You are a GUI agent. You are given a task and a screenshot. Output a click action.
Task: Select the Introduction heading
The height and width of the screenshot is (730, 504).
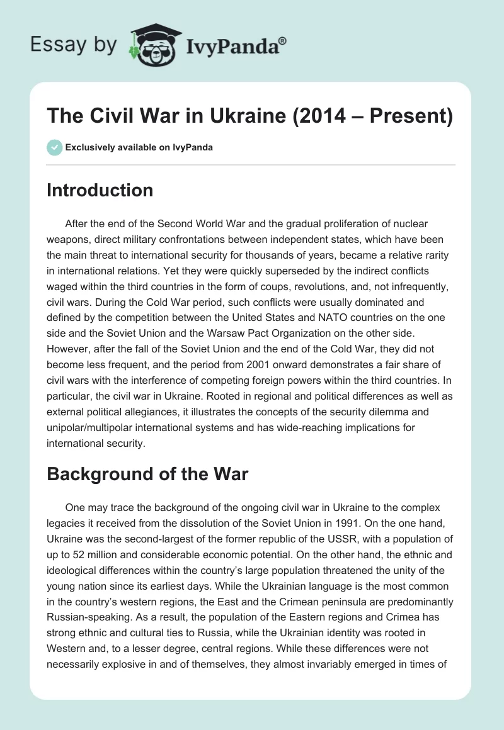(x=100, y=190)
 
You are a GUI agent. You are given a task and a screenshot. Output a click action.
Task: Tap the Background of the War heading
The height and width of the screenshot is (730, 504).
(x=147, y=474)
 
